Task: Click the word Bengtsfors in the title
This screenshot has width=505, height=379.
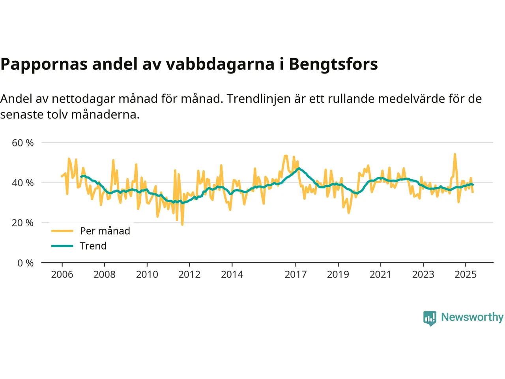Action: pos(333,64)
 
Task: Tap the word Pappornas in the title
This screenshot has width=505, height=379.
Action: pos(44,64)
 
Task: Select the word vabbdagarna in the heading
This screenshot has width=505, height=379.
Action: pos(220,64)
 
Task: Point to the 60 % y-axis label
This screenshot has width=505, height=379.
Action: pos(23,143)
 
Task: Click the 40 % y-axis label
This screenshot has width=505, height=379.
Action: pos(23,183)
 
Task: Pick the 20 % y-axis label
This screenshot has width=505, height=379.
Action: pos(23,223)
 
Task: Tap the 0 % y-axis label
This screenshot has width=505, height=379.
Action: pos(25,263)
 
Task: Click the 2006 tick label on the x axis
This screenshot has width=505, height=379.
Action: pos(62,274)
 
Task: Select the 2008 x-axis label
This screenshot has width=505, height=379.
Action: pos(105,274)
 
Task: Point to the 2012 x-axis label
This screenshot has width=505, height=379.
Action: pos(189,274)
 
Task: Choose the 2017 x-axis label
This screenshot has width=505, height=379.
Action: pos(296,274)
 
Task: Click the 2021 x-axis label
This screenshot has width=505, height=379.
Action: pos(380,274)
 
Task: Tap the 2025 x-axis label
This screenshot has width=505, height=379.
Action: pos(466,274)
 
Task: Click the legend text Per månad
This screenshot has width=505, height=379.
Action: pos(105,231)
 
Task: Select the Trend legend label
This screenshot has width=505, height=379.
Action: pos(93,246)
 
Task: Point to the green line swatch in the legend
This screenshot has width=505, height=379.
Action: pos(62,246)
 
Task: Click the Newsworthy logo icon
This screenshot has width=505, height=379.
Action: pos(430,318)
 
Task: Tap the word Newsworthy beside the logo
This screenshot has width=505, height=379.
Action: pos(472,317)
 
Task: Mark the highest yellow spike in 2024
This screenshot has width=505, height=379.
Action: pos(455,154)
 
